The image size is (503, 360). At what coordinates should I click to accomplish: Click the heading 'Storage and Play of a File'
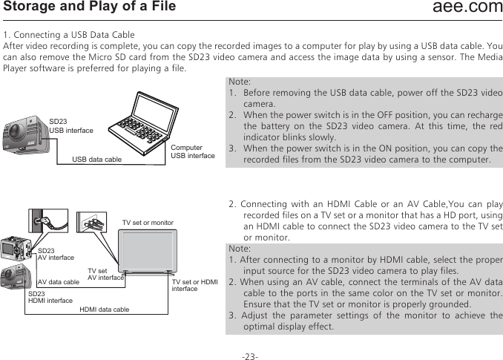coord(90,7)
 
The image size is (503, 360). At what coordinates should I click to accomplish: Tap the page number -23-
coord(250,357)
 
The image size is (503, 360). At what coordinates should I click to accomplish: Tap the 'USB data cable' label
coord(96,159)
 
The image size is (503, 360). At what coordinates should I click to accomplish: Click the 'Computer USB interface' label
coord(192,151)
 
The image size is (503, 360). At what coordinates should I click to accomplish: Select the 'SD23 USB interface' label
coord(70,125)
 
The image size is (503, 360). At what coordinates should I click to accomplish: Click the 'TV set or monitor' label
coord(148,223)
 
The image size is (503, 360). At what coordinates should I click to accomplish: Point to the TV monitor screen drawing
coord(148,249)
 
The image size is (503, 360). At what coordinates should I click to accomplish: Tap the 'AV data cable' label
coord(58,282)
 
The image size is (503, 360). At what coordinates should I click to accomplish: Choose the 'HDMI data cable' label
coord(104,309)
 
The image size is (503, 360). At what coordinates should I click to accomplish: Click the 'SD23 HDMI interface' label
coord(50,298)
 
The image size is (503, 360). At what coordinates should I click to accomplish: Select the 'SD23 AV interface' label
coord(56,255)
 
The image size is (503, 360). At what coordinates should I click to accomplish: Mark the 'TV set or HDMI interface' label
coord(194,285)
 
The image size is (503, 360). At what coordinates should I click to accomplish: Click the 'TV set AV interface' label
coord(105,275)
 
